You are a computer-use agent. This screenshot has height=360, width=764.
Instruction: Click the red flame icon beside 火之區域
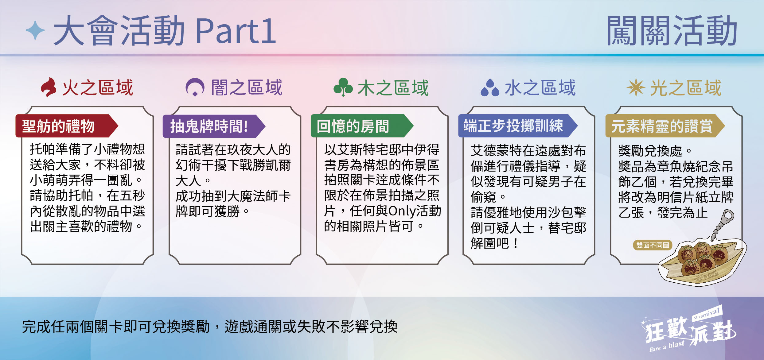point(49,87)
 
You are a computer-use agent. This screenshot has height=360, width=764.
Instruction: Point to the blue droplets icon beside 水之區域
point(490,88)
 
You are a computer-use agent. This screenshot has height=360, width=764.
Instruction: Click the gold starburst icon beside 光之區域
point(636,87)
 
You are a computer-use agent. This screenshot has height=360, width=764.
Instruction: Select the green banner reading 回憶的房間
point(362,126)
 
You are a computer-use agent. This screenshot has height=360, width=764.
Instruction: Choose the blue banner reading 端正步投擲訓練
point(518,126)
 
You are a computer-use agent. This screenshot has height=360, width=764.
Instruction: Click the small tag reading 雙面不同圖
point(653,245)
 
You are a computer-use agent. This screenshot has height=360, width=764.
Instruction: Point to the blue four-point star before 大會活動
point(35,30)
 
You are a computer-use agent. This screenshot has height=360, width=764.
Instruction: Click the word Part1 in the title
point(236,31)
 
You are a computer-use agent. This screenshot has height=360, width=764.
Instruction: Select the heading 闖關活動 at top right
point(672,31)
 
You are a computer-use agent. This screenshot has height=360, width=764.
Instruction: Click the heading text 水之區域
point(540,88)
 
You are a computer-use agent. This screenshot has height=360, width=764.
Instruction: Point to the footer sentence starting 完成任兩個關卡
point(210,327)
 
